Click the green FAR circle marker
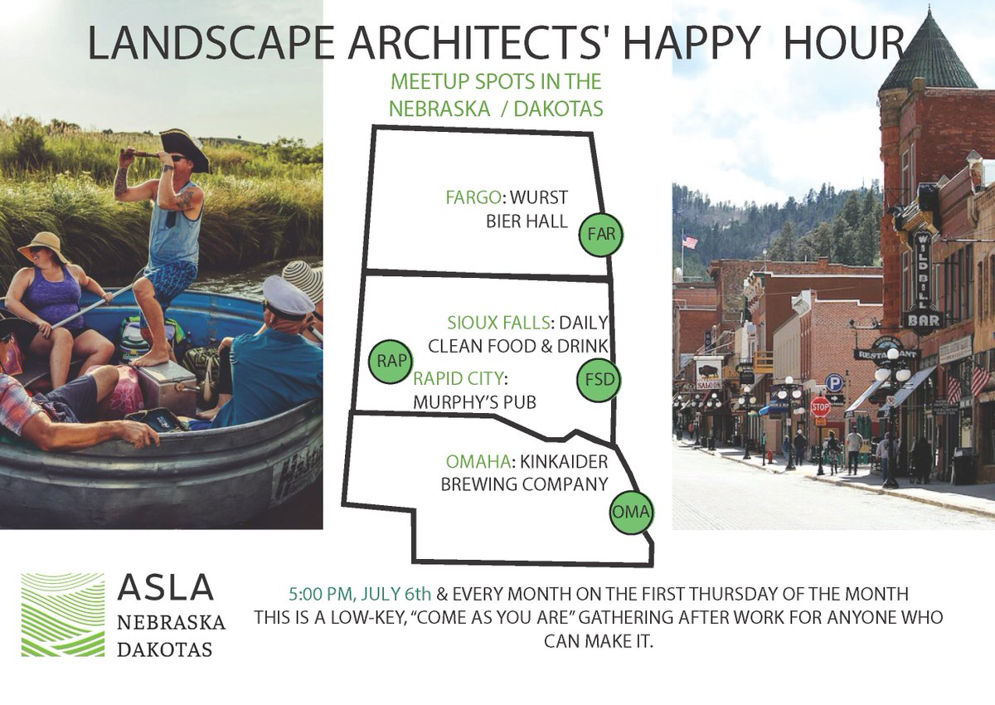(600, 234)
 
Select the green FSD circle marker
(598, 381)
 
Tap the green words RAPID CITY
(459, 378)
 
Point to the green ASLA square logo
(62, 615)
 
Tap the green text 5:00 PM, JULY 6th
(360, 595)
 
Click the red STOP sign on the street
(820, 406)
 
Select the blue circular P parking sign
(833, 382)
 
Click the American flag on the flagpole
(689, 241)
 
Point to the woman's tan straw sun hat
(44, 246)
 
